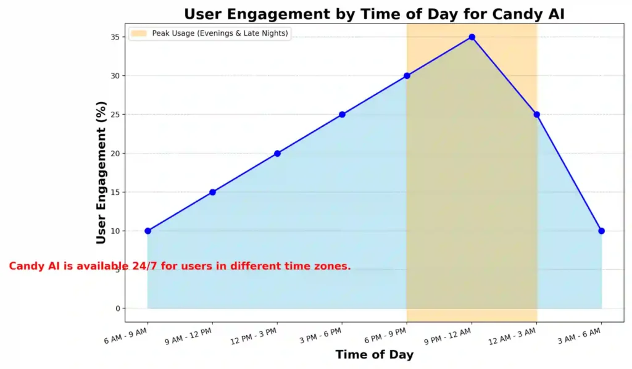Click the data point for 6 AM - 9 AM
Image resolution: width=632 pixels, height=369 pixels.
pos(148,231)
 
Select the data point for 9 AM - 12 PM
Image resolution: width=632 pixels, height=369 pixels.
pos(212,192)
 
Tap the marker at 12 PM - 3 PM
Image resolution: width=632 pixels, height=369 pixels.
pos(277,153)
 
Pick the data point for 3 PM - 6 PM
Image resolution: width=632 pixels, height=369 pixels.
pos(342,114)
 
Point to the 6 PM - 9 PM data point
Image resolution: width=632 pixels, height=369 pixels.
pos(407,76)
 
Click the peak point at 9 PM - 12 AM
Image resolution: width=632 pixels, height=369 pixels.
pos(472,37)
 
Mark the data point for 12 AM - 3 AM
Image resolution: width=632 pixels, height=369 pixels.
pos(536,114)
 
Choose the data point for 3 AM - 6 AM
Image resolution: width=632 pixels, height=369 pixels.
pos(601,231)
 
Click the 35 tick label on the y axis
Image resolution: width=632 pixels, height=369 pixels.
pos(114,37)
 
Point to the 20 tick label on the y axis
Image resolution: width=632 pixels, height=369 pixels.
pos(114,153)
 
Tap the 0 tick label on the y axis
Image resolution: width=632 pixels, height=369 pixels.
pos(117,309)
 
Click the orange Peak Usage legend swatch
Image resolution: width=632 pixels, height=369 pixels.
pos(139,33)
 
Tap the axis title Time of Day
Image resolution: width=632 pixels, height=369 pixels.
pos(374,355)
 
